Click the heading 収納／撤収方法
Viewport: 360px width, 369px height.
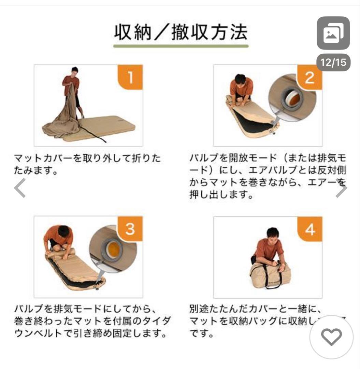[181, 33]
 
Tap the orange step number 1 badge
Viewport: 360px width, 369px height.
[130, 78]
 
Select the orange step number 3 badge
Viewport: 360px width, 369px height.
[130, 229]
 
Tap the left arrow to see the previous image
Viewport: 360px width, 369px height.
[20, 188]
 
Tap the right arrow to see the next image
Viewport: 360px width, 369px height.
[341, 188]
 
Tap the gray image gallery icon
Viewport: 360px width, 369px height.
[333, 33]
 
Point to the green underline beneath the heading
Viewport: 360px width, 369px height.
[181, 46]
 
